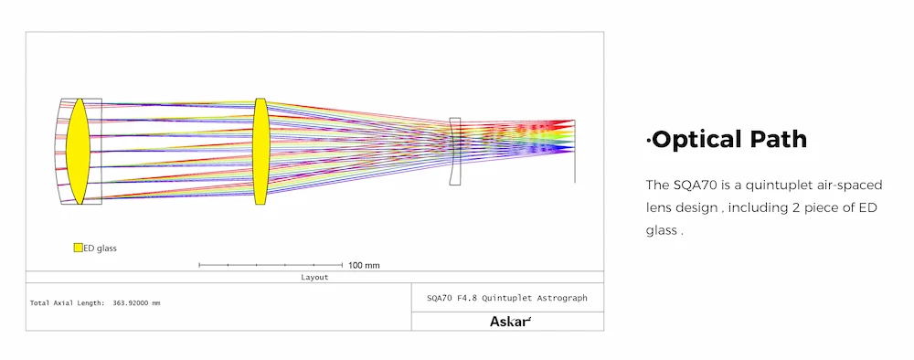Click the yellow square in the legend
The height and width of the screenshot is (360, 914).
point(78,248)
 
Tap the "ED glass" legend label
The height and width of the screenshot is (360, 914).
point(101,249)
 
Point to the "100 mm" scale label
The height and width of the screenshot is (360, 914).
point(364,266)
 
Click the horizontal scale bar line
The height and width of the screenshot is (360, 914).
point(271,265)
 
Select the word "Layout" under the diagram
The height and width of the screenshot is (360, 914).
point(314,277)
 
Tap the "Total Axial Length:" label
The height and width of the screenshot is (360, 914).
point(67,303)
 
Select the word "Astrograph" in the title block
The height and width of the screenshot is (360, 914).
point(565,298)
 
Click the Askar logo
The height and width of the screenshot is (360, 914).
point(511,321)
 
